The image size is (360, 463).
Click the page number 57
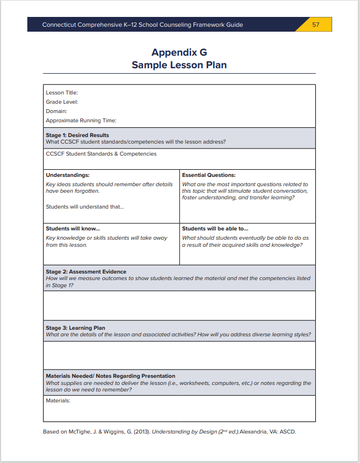316,25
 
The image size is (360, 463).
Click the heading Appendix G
179,52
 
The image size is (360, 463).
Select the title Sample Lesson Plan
179,65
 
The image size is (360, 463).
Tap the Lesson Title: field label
62,93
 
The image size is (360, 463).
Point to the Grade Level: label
62,102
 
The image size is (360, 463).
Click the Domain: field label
56,111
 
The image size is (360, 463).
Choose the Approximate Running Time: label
81,121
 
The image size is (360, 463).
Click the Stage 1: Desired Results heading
78,135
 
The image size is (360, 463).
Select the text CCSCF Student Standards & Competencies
101,154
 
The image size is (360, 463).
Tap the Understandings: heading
68,175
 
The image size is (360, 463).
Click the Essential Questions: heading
209,175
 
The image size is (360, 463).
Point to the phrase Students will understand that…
85,207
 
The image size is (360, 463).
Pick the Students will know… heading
73,229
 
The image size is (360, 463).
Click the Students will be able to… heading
215,229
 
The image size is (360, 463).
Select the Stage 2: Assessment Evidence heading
86,271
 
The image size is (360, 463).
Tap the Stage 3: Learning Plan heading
75,328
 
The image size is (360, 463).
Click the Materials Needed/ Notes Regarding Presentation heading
110,376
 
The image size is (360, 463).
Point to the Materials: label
58,401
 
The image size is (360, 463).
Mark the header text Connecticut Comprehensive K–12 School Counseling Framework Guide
143,25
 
